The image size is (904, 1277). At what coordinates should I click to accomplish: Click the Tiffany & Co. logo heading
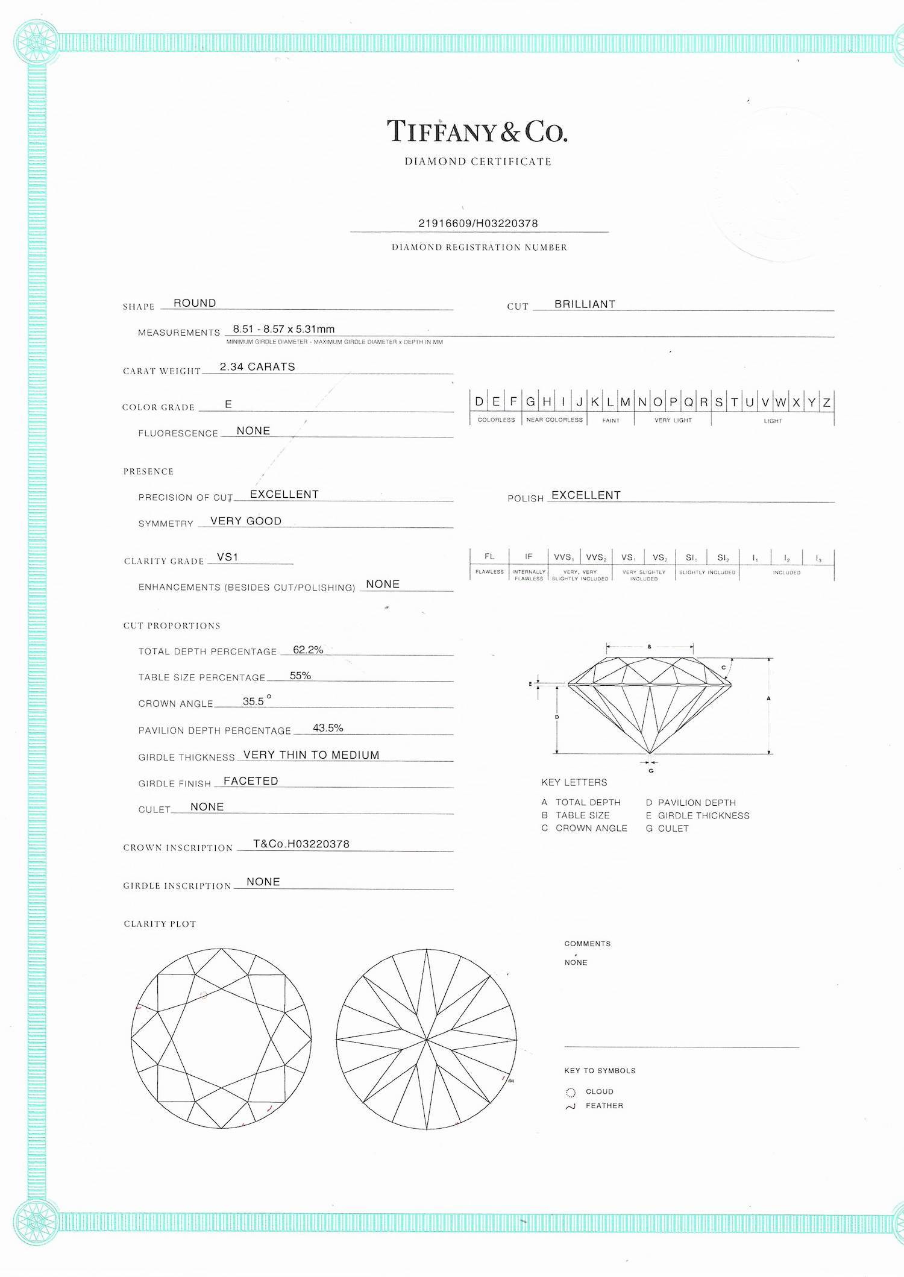[477, 132]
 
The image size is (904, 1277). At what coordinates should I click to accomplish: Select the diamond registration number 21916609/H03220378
[478, 224]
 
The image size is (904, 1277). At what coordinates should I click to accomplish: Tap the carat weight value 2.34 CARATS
[257, 367]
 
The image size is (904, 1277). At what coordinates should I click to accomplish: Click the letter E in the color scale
[496, 402]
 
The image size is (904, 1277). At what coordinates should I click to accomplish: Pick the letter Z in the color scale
[826, 403]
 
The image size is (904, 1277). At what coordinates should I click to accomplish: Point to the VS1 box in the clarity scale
[628, 557]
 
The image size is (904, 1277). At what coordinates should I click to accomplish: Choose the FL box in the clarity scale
[489, 556]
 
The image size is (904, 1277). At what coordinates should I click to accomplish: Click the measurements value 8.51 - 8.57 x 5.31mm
[283, 329]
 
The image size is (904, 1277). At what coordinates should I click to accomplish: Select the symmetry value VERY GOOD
[246, 521]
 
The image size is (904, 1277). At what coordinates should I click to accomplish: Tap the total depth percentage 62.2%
[308, 650]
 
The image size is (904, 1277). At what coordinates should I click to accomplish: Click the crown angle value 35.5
[254, 701]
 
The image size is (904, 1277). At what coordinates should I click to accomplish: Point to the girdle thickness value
[311, 755]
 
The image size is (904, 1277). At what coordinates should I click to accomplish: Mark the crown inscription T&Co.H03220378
[301, 844]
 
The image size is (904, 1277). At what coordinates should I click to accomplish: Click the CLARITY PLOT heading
[160, 924]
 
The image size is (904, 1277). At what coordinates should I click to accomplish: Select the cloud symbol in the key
[571, 1093]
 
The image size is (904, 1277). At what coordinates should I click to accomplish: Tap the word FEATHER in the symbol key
[604, 1106]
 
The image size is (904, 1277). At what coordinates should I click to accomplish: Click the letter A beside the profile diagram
[768, 698]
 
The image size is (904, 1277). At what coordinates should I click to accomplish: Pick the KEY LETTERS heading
[574, 782]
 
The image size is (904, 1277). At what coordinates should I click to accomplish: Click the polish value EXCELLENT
[586, 495]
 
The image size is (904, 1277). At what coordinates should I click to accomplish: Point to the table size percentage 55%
[300, 676]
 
